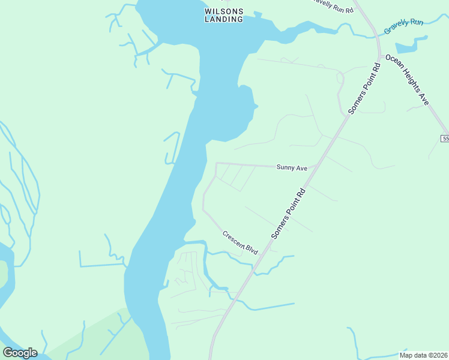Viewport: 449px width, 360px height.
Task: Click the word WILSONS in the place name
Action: coord(224,11)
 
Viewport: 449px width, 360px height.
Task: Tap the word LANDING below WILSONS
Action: coord(224,19)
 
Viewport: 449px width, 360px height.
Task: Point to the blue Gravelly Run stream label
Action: coord(405,26)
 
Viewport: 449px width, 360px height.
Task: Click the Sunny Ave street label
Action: coord(292,168)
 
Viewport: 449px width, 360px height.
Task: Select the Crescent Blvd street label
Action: coord(240,242)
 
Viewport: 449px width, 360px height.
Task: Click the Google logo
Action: coord(20,352)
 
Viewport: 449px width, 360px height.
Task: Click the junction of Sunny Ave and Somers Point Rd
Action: coord(316,167)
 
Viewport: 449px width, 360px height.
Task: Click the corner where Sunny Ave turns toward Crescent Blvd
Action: coord(216,163)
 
